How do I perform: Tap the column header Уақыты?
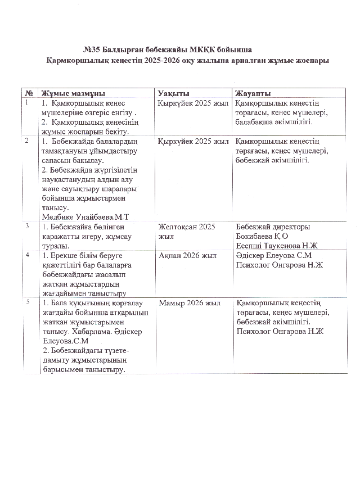click(173, 93)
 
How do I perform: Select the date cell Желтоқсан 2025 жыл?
click(187, 231)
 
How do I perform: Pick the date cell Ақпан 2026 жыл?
click(187, 256)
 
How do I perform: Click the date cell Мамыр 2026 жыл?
click(190, 304)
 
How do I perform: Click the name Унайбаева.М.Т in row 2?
click(99, 216)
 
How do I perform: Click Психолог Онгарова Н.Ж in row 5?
click(280, 332)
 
